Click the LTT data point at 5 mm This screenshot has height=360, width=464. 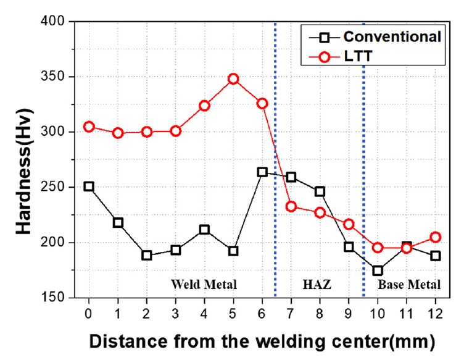[x=233, y=79]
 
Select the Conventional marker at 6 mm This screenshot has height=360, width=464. [x=262, y=172]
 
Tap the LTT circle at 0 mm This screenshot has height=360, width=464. [x=89, y=127]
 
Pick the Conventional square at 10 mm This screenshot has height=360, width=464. [x=378, y=270]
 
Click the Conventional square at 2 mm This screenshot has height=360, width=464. [x=147, y=255]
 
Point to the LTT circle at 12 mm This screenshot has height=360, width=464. [x=436, y=237]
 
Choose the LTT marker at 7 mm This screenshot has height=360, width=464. [x=291, y=206]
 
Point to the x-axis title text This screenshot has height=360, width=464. [x=262, y=340]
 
